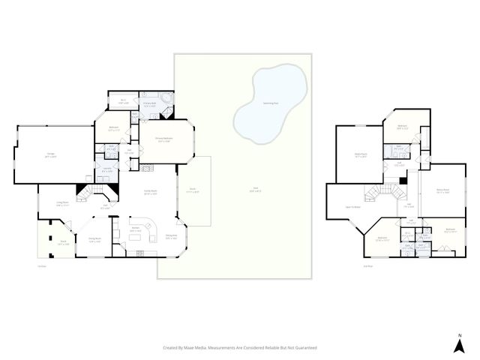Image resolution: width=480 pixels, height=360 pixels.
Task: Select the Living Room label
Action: (63, 202)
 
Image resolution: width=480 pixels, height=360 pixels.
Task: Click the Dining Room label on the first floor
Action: (94, 241)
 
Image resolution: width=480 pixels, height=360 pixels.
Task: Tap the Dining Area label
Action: (171, 236)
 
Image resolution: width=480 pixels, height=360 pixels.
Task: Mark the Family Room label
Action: (150, 192)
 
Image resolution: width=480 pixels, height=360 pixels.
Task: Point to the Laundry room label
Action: (107, 169)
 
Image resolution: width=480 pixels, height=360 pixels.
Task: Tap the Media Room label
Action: (349, 155)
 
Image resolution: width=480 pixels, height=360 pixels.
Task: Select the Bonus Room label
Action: (442, 190)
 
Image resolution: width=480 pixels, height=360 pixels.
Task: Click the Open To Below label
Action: (353, 207)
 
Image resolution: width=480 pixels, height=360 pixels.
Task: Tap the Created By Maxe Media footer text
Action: (240, 347)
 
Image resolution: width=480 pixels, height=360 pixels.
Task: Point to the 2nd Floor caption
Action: (346, 265)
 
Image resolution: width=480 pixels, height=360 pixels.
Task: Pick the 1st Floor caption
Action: (42, 265)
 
